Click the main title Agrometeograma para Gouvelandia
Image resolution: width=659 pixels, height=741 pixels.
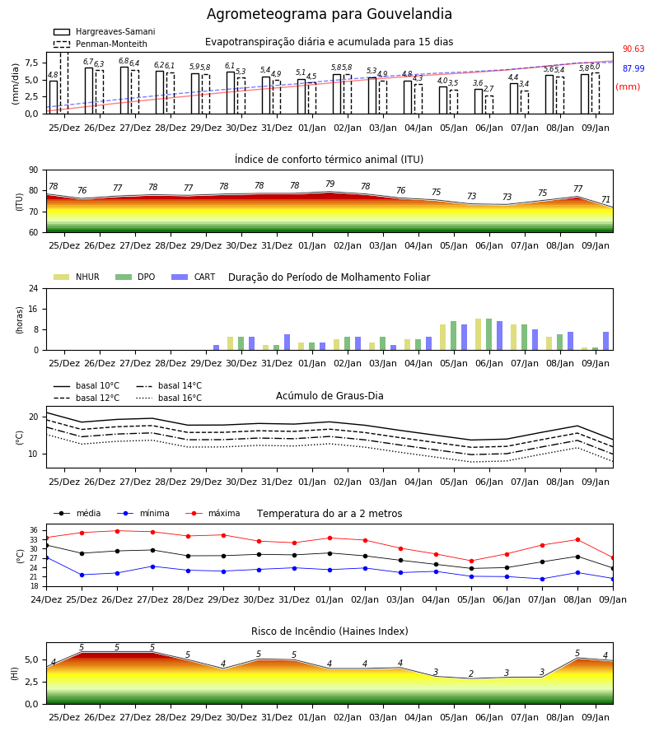click(x=329, y=14)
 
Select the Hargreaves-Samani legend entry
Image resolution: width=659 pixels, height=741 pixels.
click(x=104, y=31)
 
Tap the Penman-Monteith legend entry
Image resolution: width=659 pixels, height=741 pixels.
click(x=100, y=44)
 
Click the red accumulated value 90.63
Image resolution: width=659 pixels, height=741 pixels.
click(x=633, y=49)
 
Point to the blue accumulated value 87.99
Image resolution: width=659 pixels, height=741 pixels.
click(x=633, y=68)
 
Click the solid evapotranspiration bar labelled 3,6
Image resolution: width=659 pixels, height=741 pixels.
click(x=479, y=101)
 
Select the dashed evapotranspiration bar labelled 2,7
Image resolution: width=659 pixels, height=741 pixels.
click(x=489, y=105)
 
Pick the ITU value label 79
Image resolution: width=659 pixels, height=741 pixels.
click(x=330, y=184)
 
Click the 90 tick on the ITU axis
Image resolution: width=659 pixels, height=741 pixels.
click(x=34, y=170)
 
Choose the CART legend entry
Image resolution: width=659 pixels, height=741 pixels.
click(x=194, y=277)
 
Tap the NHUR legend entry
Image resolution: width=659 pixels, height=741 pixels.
click(x=77, y=277)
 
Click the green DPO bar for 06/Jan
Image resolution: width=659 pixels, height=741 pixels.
click(x=488, y=334)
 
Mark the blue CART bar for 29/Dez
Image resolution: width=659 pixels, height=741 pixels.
click(x=217, y=347)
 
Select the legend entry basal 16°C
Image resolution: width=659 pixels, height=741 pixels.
click(x=169, y=398)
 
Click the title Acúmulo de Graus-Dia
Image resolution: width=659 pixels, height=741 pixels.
click(x=329, y=396)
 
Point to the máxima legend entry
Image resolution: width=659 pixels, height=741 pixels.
click(x=213, y=513)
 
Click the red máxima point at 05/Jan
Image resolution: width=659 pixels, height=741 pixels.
click(x=471, y=562)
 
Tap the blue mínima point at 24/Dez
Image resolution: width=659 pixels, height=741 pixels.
click(x=47, y=558)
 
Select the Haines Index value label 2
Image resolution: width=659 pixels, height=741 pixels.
click(x=471, y=673)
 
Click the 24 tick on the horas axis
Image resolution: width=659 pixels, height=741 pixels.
click(x=34, y=288)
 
